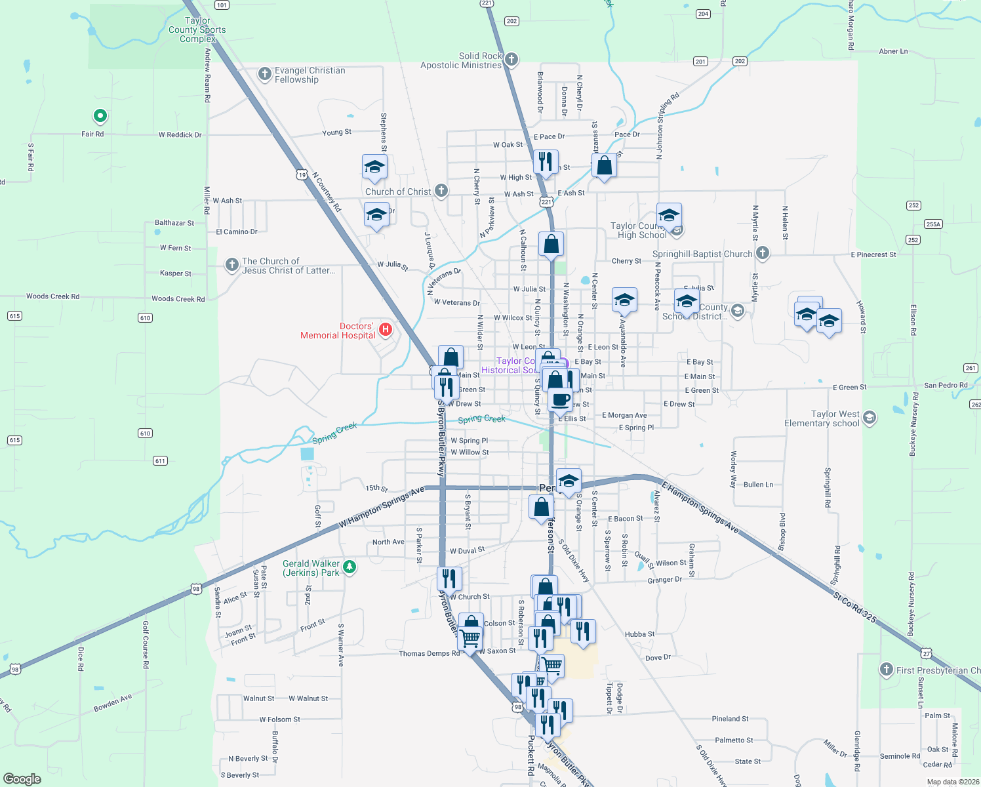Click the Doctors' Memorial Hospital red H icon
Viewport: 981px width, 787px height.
386,330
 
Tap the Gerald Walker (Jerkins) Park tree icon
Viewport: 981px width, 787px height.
350,567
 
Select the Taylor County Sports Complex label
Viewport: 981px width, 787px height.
197,30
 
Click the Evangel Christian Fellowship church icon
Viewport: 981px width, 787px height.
265,74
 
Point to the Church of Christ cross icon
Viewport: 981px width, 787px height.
441,191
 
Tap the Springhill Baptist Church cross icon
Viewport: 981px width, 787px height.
762,253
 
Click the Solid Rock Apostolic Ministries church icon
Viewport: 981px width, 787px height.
511,60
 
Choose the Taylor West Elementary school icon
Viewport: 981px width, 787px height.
870,418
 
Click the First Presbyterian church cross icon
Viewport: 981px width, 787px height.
887,670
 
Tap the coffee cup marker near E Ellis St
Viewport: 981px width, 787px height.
560,399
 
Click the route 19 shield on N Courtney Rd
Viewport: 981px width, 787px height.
301,174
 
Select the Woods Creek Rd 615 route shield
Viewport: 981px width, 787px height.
15,316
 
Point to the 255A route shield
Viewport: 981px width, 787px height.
933,224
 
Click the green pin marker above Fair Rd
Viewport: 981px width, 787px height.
100,117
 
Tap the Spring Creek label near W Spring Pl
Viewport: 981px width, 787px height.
481,419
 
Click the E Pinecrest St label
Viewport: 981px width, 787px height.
873,254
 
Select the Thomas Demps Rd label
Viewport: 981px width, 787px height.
430,653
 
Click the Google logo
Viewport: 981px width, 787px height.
22,778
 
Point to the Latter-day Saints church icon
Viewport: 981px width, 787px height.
231,265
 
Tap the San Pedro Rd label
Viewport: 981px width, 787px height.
946,385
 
